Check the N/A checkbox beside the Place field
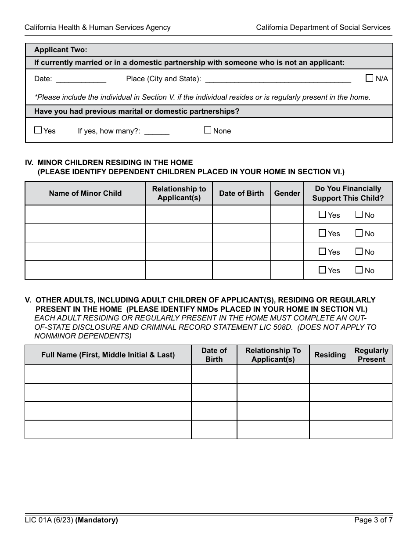369,78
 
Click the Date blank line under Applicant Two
81,79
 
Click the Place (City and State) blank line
278,79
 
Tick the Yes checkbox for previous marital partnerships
38,130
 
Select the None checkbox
208,130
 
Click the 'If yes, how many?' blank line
157,131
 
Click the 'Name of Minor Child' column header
85,193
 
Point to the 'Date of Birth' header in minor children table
241,193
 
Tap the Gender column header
287,193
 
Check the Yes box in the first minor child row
322,215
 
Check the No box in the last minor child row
359,270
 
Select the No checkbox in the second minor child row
359,233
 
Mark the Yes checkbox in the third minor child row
322,252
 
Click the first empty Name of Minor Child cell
85,215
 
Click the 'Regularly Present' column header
371,355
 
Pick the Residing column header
330,355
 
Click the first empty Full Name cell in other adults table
108,374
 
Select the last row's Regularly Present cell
371,429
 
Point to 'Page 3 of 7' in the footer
373,520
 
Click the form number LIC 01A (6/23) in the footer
49,520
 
